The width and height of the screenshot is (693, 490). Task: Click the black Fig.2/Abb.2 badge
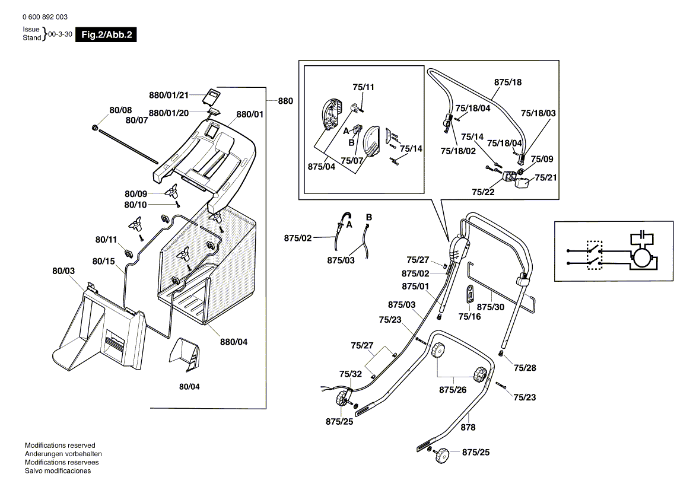(x=106, y=35)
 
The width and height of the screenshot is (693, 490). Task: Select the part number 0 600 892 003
(x=44, y=18)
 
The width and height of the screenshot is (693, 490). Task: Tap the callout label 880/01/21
(x=169, y=95)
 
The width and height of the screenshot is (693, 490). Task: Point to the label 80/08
(x=120, y=110)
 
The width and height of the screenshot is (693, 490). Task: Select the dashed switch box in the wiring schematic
(x=594, y=255)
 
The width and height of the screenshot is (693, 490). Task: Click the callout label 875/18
(x=508, y=82)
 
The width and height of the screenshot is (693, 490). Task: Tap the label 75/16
(x=470, y=316)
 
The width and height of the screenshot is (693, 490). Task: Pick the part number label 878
(x=468, y=427)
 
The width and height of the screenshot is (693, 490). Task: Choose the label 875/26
(x=453, y=390)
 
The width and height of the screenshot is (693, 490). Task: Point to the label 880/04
(x=234, y=342)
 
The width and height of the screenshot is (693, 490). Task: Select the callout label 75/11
(x=363, y=87)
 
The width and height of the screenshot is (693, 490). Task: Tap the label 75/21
(x=545, y=177)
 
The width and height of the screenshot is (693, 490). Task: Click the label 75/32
(x=350, y=374)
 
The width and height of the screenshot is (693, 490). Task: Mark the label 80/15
(x=104, y=261)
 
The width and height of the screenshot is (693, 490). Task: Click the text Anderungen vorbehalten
(x=60, y=454)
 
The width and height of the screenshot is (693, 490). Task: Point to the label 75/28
(x=524, y=368)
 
